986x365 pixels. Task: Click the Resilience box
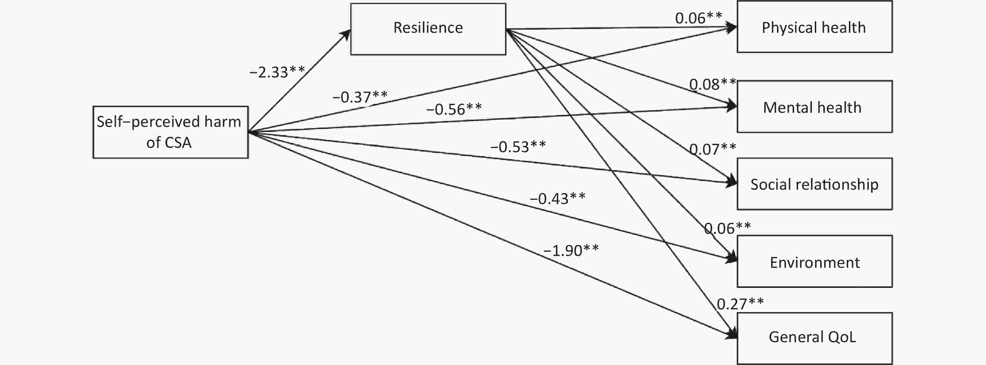pyautogui.click(x=428, y=29)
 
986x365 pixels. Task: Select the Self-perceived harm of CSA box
pyautogui.click(x=170, y=132)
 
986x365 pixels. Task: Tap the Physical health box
pyautogui.click(x=814, y=27)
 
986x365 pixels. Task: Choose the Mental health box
pyautogui.click(x=814, y=107)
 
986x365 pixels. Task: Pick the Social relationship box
pyautogui.click(x=814, y=184)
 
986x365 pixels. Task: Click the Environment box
pyautogui.click(x=814, y=262)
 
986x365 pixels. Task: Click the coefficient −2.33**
pyautogui.click(x=277, y=72)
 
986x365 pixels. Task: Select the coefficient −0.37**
pyautogui.click(x=360, y=97)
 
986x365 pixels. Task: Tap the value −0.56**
pyautogui.click(x=454, y=109)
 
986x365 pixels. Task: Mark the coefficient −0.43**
pyautogui.click(x=557, y=198)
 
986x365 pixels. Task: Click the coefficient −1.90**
pyautogui.click(x=571, y=250)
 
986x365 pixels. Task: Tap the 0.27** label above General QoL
pyautogui.click(x=740, y=304)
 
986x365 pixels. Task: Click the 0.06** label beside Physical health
pyautogui.click(x=699, y=18)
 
